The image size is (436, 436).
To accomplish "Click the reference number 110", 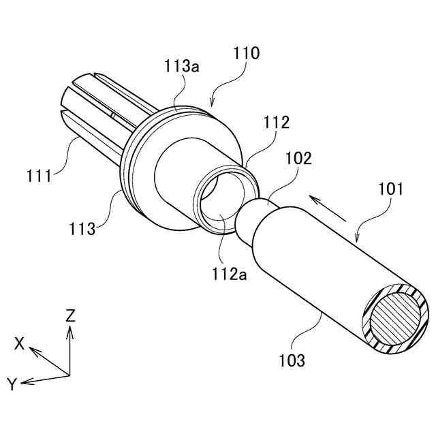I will pyautogui.click(x=246, y=54).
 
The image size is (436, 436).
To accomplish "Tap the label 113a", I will pyautogui.click(x=181, y=65).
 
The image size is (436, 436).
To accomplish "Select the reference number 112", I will pyautogui.click(x=277, y=123).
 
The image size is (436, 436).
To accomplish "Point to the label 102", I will pyautogui.click(x=299, y=158).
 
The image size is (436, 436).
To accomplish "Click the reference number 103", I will pyautogui.click(x=292, y=358).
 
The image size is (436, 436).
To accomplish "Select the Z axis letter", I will pyautogui.click(x=70, y=315).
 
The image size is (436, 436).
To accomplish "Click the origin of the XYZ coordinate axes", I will pyautogui.click(x=69, y=374).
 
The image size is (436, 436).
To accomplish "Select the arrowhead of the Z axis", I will pyautogui.click(x=69, y=328).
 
